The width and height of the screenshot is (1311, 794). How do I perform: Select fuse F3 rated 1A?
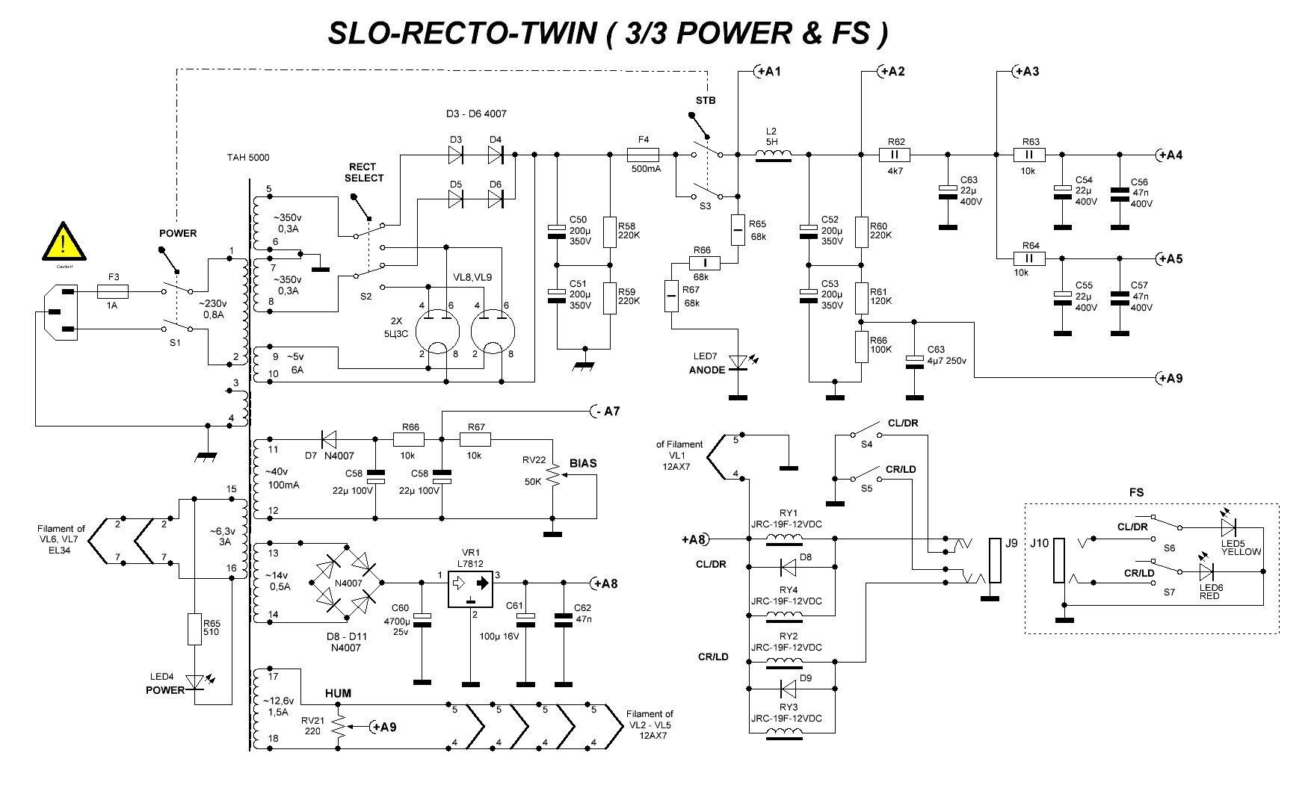coord(114,292)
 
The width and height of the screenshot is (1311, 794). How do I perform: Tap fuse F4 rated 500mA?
coord(643,155)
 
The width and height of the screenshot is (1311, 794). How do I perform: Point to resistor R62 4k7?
coord(895,155)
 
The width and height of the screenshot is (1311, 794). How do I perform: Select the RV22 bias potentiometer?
coord(554,475)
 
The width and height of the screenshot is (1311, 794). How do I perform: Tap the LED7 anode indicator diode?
coord(738,362)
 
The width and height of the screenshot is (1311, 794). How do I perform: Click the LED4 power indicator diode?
coord(194,682)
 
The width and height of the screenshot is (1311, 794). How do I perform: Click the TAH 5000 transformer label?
coord(249,158)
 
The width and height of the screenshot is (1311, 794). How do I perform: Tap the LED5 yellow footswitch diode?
coord(1229,528)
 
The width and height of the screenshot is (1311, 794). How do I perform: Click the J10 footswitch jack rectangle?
coord(1058,561)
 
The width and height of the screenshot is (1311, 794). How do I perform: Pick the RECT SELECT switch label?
coord(364,173)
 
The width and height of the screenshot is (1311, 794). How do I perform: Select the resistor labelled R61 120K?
coord(861,295)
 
